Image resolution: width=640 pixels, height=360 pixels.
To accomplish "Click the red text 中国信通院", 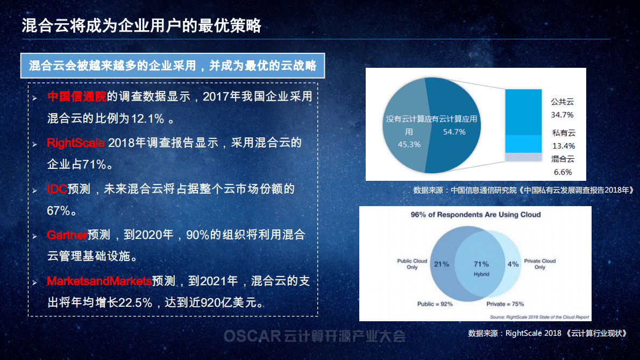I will tap(77, 97).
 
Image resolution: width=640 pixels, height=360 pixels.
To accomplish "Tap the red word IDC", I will tap(57, 189).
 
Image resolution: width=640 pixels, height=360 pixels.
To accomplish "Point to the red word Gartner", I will tap(67, 235).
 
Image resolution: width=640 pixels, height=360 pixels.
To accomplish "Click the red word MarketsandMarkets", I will tap(99, 281).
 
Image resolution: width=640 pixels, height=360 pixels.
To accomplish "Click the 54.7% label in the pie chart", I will tap(454, 132).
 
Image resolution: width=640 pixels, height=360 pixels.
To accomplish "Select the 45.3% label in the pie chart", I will tap(409, 144).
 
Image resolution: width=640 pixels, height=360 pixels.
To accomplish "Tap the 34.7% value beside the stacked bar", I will tap(562, 115).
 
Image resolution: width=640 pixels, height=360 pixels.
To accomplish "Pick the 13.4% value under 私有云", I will tap(563, 146).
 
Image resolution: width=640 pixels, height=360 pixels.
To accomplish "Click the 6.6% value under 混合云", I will tap(563, 172).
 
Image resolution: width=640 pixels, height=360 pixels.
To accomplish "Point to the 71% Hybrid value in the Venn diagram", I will tap(481, 264).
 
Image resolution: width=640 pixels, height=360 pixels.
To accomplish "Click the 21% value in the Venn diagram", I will tap(442, 264).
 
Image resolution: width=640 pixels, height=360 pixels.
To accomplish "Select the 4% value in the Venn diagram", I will tap(513, 264).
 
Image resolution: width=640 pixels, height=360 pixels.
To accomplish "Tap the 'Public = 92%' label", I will tap(435, 303).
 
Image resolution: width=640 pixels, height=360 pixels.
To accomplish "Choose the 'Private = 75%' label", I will tap(505, 303).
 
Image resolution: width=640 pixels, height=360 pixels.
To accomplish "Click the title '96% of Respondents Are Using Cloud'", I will tap(475, 215).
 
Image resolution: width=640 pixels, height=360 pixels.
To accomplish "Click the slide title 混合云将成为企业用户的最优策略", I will tap(141, 25).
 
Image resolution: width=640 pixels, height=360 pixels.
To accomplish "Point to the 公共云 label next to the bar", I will tap(563, 102).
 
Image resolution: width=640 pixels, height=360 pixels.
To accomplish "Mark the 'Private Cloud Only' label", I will tap(539, 264).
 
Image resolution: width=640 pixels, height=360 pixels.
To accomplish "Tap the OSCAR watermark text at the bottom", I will tap(314, 337).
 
